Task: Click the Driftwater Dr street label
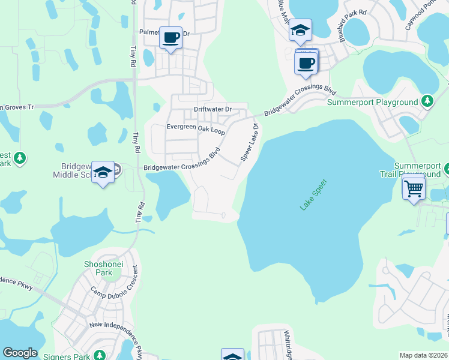(212, 110)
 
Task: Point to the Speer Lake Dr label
(249, 142)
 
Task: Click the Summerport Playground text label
(372, 103)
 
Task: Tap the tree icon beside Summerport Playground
(427, 101)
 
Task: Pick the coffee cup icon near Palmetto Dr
(171, 38)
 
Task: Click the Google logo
(20, 353)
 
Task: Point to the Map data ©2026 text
(423, 355)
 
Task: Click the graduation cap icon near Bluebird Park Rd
(300, 30)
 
